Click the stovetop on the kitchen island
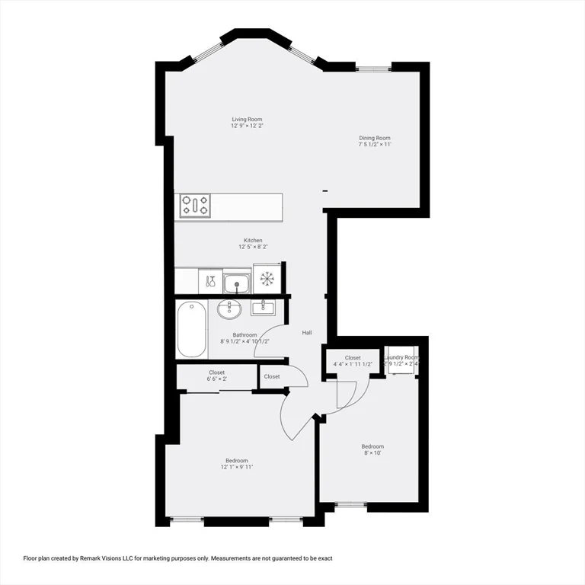(196, 206)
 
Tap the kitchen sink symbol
(238, 283)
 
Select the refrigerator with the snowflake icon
(267, 279)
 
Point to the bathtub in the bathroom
(192, 329)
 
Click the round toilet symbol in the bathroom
(229, 309)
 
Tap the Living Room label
(248, 119)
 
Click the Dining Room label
(375, 138)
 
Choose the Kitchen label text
(253, 240)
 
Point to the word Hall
(307, 333)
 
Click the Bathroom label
(245, 334)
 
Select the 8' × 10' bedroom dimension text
(372, 453)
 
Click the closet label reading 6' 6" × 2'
(216, 379)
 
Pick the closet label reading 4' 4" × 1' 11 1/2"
(353, 364)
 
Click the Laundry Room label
(401, 357)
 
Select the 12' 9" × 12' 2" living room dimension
(252, 126)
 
